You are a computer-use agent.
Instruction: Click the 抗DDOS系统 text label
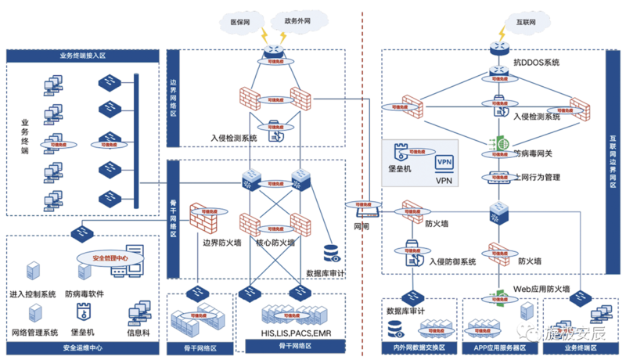537,62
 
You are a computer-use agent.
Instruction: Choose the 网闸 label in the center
362,226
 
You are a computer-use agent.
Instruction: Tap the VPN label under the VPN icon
444,179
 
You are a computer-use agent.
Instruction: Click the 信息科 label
138,332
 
